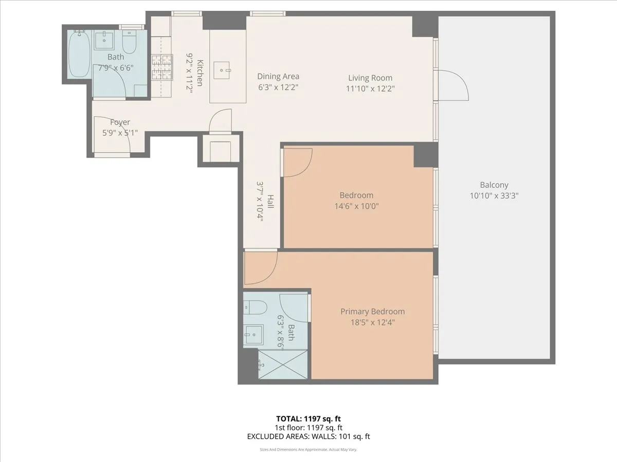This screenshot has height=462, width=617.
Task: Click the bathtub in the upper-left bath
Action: point(79,54)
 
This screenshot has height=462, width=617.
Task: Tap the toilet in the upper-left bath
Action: point(129,43)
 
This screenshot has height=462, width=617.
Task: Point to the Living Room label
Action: point(370,78)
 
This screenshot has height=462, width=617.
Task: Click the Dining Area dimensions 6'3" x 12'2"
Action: point(278,88)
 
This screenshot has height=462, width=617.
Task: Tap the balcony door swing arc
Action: point(455,85)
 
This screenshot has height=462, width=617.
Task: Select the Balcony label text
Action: point(494,185)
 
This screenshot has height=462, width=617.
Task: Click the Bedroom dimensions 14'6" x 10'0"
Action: point(356,206)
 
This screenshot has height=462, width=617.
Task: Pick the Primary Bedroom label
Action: point(372,312)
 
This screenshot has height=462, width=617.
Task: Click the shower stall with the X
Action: point(283,364)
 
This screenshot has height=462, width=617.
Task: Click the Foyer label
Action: point(120,122)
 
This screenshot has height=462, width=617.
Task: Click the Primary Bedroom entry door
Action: point(260,267)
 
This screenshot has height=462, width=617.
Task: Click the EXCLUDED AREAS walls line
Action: point(308,437)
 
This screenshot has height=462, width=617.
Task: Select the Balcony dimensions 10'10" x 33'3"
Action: point(494,196)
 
